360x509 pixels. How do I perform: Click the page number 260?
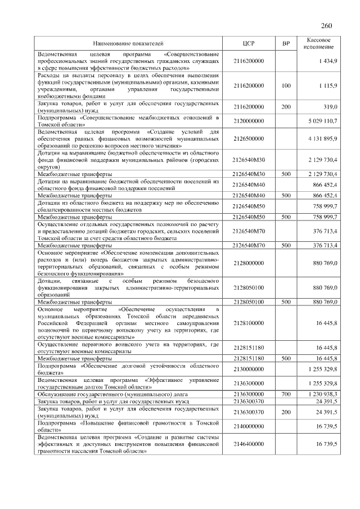click(326, 26)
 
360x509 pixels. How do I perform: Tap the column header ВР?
click(286, 43)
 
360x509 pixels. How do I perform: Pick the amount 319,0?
click(329, 106)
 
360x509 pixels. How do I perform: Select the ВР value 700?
click(286, 394)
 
